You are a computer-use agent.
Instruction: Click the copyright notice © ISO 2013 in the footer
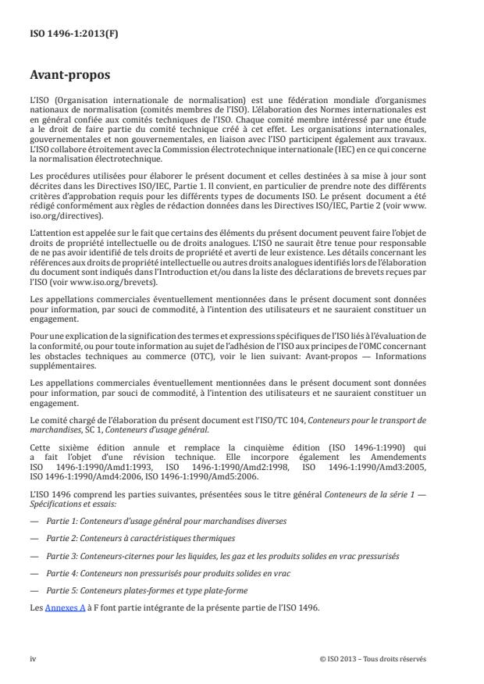coord(373,658)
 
